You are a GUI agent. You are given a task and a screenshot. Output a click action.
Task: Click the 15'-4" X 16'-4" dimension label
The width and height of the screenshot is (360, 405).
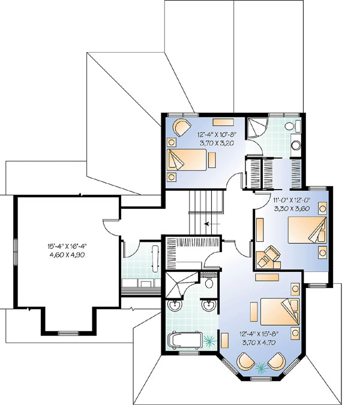67,246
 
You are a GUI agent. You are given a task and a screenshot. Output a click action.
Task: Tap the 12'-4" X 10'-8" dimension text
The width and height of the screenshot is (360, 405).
217,134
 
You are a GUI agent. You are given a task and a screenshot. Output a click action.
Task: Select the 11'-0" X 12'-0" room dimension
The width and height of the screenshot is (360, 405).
292,199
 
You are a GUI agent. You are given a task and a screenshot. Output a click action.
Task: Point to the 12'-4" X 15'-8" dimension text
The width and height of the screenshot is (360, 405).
259,334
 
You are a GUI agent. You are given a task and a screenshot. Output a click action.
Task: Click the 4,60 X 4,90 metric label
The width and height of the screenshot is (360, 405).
67,255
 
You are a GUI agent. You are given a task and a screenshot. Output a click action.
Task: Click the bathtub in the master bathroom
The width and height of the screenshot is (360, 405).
184,340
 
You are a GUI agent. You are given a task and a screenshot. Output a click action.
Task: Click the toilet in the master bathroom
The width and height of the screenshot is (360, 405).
209,282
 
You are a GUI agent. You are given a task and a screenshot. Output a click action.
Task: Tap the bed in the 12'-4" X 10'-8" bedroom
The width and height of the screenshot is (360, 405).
187,160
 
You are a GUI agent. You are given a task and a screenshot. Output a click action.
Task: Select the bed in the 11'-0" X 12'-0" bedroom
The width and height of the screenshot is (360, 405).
307,230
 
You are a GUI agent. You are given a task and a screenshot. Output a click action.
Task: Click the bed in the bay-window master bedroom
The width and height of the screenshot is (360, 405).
280,312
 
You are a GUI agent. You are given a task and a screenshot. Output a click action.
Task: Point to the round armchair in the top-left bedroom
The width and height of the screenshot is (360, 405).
182,127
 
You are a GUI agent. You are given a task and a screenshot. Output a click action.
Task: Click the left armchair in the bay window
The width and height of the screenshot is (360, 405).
246,361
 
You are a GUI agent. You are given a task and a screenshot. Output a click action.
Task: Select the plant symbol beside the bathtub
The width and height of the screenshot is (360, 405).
209,341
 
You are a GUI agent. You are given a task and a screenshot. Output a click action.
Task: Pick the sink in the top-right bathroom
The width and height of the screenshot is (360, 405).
296,145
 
